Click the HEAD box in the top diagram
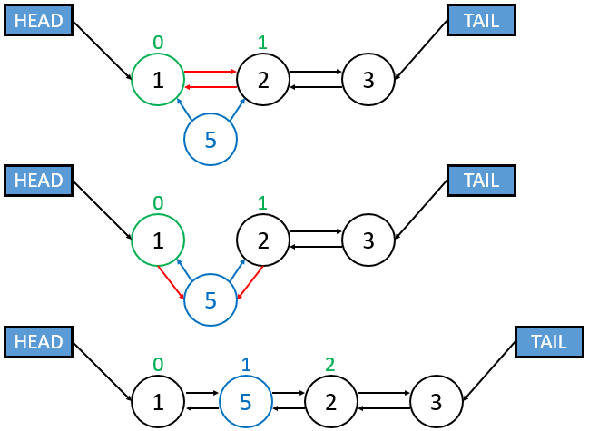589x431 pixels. pos(38,20)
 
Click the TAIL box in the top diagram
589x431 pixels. pos(481,20)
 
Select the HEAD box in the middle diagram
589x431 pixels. pos(38,180)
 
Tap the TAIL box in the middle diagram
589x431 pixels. pos(481,180)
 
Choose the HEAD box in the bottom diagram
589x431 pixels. pos(38,342)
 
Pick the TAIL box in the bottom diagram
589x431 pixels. pos(550,342)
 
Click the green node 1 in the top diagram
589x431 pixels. pos(158,80)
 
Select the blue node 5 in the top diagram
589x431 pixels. pos(211,140)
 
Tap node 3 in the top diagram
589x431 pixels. pos(368,80)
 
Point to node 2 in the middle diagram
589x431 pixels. pos(263,240)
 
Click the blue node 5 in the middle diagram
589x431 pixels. pos(211,299)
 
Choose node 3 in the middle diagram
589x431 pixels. pos(368,240)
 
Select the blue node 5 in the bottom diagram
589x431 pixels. pos(245,400)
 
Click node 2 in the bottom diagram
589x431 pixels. pos(331,400)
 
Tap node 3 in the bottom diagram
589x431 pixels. pos(437,400)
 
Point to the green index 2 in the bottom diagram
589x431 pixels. pos(331,365)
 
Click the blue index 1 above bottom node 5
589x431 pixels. pos(245,365)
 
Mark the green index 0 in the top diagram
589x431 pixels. pos(158,42)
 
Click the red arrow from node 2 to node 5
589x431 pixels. pos(250,281)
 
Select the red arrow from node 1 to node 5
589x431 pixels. pos(172,281)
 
